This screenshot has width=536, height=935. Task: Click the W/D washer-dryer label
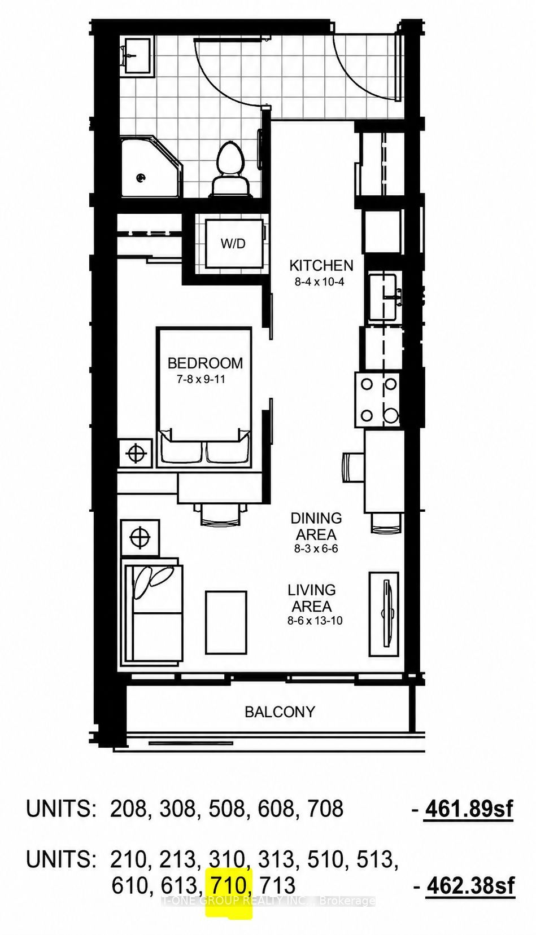pyautogui.click(x=233, y=243)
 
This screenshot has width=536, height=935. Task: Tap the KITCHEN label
pyautogui.click(x=321, y=265)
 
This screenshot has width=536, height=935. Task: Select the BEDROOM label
pyautogui.click(x=205, y=363)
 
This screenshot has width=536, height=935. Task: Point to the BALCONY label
pyautogui.click(x=280, y=712)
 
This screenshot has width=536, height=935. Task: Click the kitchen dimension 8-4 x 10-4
pyautogui.click(x=319, y=282)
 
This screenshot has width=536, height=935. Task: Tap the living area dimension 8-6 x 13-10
pyautogui.click(x=315, y=621)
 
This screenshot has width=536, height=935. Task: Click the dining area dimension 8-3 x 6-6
pyautogui.click(x=316, y=549)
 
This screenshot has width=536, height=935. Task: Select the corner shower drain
pyautogui.click(x=141, y=178)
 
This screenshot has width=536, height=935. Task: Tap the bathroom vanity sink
pyautogui.click(x=137, y=54)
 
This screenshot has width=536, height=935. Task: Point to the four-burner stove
pyautogui.click(x=377, y=400)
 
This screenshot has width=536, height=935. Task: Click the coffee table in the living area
pyautogui.click(x=225, y=622)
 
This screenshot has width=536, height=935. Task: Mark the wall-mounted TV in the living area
pyautogui.click(x=386, y=613)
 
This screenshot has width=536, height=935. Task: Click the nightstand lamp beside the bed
pyautogui.click(x=136, y=453)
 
